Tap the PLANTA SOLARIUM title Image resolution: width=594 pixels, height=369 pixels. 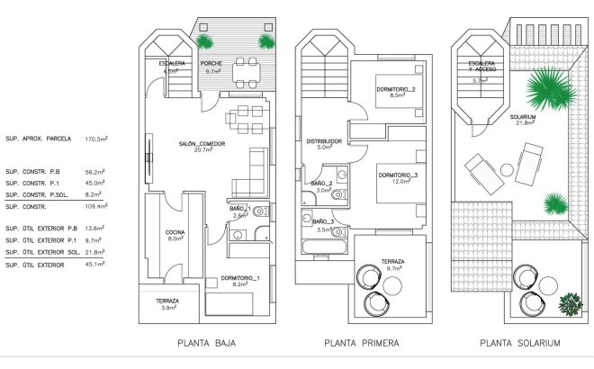click(x=520, y=343)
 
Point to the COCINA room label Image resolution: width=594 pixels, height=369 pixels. click(x=175, y=233)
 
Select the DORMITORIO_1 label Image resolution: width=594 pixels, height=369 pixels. click(x=240, y=277)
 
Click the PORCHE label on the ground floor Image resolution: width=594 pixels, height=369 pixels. click(x=211, y=64)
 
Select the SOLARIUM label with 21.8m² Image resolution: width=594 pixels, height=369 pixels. click(x=523, y=117)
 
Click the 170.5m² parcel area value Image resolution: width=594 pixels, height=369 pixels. click(x=96, y=139)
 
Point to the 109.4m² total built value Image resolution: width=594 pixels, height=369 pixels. click(x=96, y=206)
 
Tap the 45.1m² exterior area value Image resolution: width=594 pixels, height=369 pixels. click(x=96, y=265)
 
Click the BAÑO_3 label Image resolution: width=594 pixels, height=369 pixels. click(x=324, y=221)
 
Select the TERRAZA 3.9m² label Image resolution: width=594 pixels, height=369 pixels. click(x=166, y=301)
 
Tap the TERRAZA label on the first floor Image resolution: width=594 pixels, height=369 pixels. click(x=391, y=262)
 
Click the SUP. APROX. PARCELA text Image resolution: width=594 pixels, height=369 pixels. click(x=36, y=139)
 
